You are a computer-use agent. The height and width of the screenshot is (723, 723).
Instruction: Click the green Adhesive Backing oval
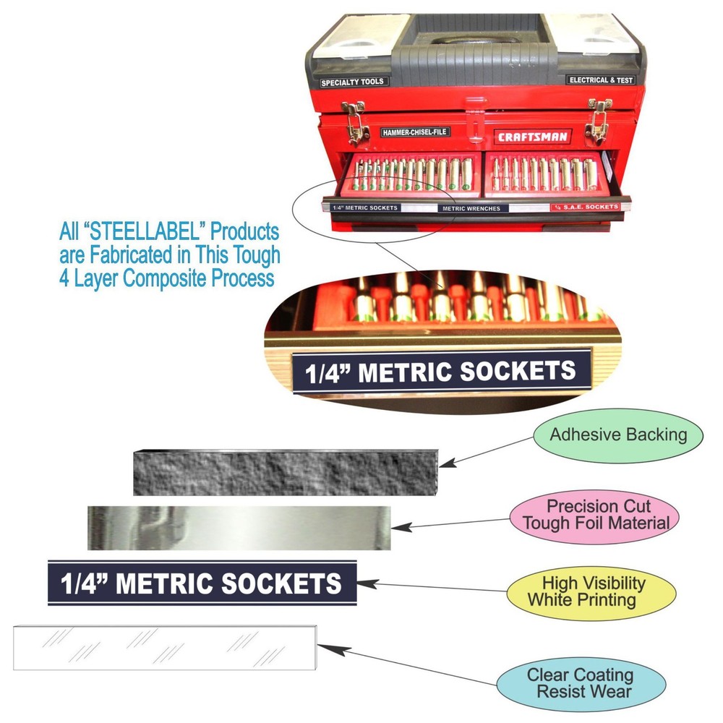point(617,435)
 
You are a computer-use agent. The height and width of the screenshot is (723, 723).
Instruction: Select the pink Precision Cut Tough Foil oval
point(594,514)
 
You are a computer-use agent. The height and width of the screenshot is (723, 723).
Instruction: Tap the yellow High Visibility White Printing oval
point(591,591)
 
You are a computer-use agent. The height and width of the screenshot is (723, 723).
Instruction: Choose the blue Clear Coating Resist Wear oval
point(580,683)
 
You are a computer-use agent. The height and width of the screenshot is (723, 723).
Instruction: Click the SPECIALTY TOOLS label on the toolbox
point(353,82)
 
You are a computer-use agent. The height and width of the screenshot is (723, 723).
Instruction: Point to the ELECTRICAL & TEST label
point(601,80)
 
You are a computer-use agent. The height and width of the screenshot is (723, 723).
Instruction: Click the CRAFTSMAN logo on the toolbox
point(532,136)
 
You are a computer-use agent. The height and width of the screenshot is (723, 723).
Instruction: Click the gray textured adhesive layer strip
point(286,471)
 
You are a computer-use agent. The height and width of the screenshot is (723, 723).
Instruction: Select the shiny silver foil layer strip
point(239,528)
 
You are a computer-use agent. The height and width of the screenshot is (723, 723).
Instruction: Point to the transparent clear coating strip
point(165,647)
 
